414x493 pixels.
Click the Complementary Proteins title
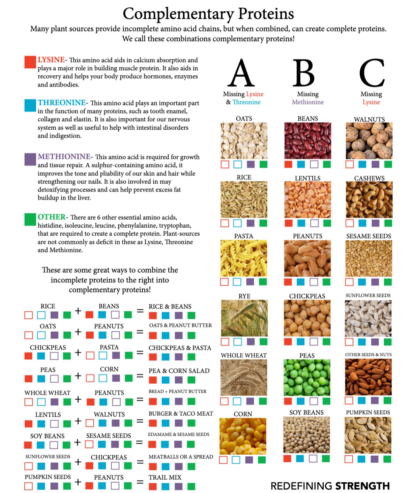[208, 14]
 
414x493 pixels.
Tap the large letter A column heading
[241, 73]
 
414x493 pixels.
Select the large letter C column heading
[371, 73]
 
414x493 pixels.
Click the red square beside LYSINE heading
[30, 62]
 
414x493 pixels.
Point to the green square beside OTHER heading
[30, 219]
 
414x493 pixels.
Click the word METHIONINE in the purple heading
[64, 156]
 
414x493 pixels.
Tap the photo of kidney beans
[308, 140]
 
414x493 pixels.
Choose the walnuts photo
[369, 141]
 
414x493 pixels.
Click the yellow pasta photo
[243, 258]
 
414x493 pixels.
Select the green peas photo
[307, 377]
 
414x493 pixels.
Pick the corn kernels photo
[243, 436]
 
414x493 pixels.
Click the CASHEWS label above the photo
[369, 178]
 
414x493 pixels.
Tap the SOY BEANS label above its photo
[306, 412]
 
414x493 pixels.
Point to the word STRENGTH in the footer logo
[363, 486]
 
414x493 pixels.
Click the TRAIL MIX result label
[165, 477]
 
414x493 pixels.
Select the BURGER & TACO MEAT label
[180, 413]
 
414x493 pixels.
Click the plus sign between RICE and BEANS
[78, 311]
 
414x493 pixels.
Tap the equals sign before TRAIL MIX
[140, 482]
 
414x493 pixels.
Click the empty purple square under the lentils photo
[314, 223]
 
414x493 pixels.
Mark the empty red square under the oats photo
[225, 164]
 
